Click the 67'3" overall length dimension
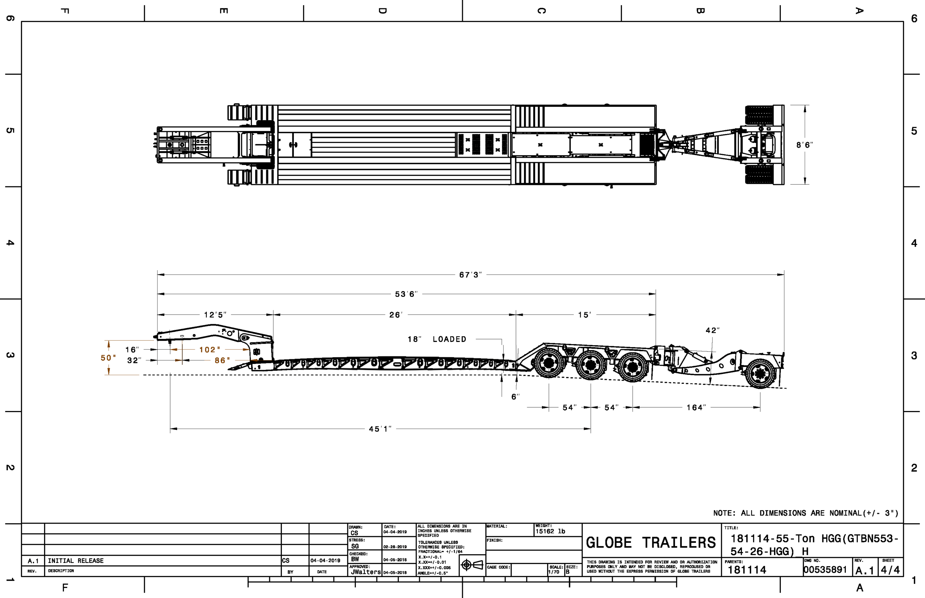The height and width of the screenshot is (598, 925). [x=470, y=274]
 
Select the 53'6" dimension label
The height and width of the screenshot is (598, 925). [x=406, y=294]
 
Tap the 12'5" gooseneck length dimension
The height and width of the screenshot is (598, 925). [x=215, y=315]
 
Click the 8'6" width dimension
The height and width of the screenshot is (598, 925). [x=804, y=145]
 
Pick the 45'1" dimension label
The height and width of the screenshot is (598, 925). [x=380, y=429]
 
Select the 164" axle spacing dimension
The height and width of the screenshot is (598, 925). [x=696, y=407]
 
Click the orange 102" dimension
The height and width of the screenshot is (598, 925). [x=210, y=350]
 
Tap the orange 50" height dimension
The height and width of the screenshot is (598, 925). [x=108, y=357]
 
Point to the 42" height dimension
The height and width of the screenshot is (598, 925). [x=713, y=330]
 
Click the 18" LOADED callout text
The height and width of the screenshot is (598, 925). [x=437, y=339]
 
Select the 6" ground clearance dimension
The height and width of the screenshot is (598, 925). [x=515, y=396]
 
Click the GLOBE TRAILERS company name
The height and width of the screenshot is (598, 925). [x=651, y=542]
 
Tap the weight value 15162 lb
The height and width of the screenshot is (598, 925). [x=550, y=531]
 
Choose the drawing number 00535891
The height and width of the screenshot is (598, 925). [x=825, y=570]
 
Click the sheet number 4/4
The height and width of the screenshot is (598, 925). [x=890, y=570]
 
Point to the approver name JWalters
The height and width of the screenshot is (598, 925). [x=366, y=572]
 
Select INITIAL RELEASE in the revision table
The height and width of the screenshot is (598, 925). [x=76, y=561]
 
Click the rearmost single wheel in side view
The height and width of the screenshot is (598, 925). [x=760, y=373]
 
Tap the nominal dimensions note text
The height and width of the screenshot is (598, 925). [x=806, y=513]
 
